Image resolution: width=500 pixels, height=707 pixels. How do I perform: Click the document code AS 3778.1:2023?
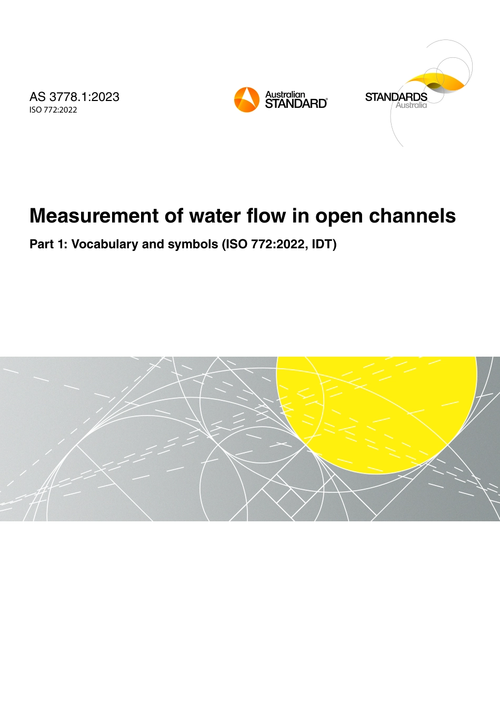pos(74,97)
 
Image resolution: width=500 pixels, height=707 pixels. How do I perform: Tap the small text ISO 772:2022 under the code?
pos(53,110)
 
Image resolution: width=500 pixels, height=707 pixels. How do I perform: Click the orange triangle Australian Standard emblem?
pos(246,99)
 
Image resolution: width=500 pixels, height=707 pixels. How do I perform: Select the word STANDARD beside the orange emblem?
pos(296,104)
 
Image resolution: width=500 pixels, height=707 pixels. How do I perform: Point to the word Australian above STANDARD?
pos(285,95)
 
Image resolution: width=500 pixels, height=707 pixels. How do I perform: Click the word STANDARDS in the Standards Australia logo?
pos(396,97)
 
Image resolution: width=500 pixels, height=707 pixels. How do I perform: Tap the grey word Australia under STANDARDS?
pos(411,105)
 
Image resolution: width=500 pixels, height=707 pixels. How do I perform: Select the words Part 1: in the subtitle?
pos(48,244)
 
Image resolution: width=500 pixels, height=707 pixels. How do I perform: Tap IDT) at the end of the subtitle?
pos(324,244)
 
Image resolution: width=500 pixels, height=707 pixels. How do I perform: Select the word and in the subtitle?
pos(153,244)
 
